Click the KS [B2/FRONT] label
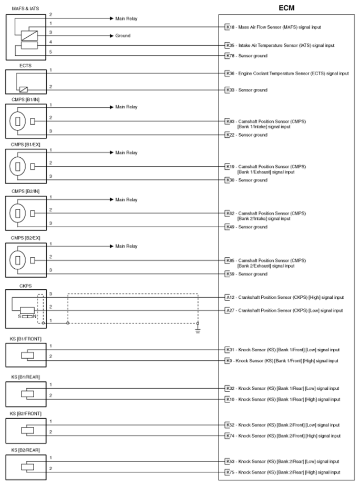(25, 413)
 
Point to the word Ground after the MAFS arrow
(123, 36)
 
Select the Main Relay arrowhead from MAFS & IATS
(111, 18)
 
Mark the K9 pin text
(229, 361)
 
